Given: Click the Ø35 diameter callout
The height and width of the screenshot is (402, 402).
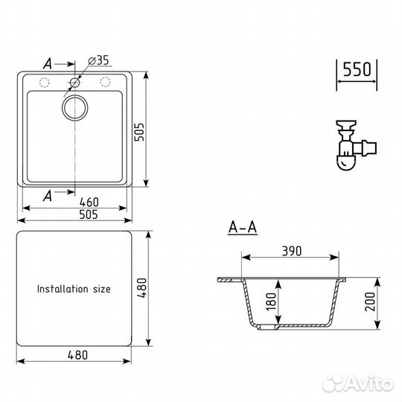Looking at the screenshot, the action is [x=98, y=60].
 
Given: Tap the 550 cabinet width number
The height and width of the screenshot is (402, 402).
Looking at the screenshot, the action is [x=357, y=69].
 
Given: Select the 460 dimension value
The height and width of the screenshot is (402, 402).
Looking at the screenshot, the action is [x=89, y=202].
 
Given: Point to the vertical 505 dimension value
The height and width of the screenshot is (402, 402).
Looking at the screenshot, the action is [x=139, y=132].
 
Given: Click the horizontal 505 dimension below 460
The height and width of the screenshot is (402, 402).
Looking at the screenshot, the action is [x=89, y=214].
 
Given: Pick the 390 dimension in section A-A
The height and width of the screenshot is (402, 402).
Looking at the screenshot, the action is [x=292, y=251].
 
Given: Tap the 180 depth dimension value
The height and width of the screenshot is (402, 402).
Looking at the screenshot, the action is [x=271, y=301].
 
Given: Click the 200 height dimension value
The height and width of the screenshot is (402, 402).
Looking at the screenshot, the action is [x=370, y=301].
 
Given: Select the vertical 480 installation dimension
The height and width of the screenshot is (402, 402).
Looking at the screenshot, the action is [x=141, y=288].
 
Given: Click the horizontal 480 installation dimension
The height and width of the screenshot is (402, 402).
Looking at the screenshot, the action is [x=77, y=355].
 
